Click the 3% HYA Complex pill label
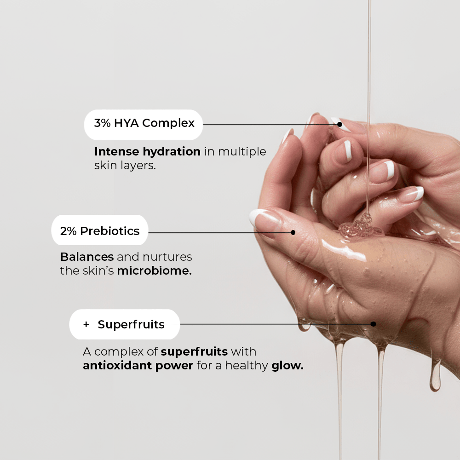coord(144,124)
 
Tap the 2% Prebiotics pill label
coord(100,231)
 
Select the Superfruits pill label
coord(124,324)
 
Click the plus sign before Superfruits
coord(86,324)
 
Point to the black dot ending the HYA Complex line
coord(339,124)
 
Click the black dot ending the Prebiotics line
coord(293,232)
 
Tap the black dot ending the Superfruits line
coord(373,324)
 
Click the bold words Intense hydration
coord(147,151)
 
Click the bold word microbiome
coord(154,270)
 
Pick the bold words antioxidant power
coord(138,366)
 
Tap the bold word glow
coord(287,366)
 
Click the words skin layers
coord(125,166)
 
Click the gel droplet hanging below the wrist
coord(435,379)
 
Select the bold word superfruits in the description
coord(194,352)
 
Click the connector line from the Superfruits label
coord(276,324)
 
